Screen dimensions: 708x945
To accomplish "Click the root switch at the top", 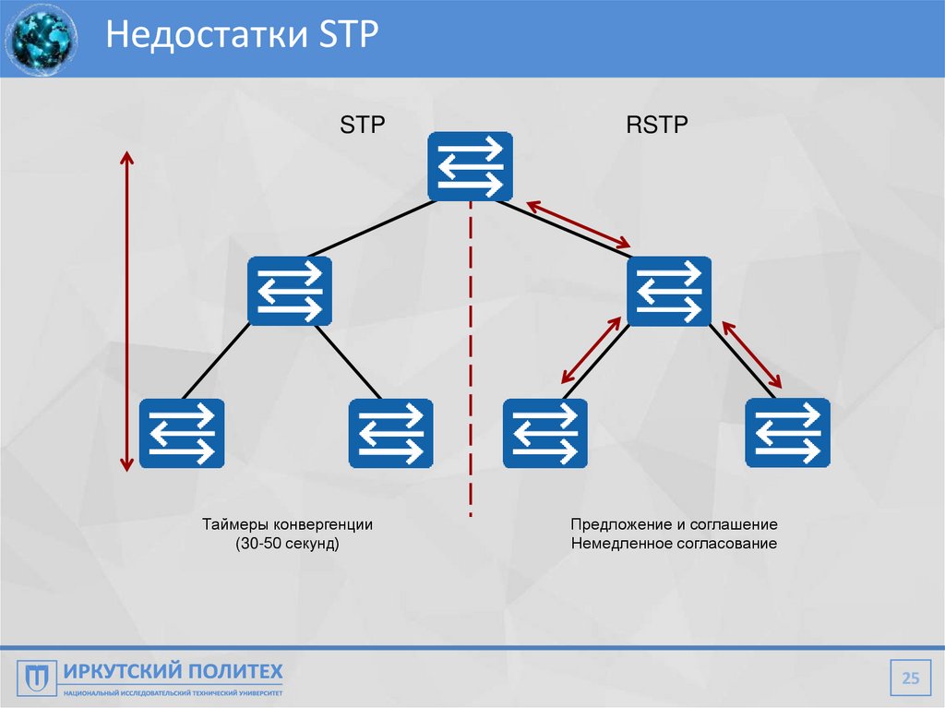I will click(x=471, y=165).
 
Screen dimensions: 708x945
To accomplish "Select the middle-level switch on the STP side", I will click(x=290, y=290).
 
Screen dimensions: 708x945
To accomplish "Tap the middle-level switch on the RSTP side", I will click(x=669, y=290).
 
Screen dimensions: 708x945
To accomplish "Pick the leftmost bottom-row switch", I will click(x=182, y=433).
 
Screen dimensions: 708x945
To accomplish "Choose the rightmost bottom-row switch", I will click(x=787, y=433).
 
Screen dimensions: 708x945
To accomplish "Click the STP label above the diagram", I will click(x=361, y=126).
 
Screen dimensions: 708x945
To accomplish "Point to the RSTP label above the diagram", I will click(x=657, y=126).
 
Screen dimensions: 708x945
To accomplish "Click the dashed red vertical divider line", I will click(x=471, y=369).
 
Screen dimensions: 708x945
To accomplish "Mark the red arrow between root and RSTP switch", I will click(x=579, y=224).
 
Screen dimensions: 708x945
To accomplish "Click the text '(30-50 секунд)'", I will click(x=288, y=545).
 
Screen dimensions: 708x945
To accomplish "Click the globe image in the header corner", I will click(x=41, y=39).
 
